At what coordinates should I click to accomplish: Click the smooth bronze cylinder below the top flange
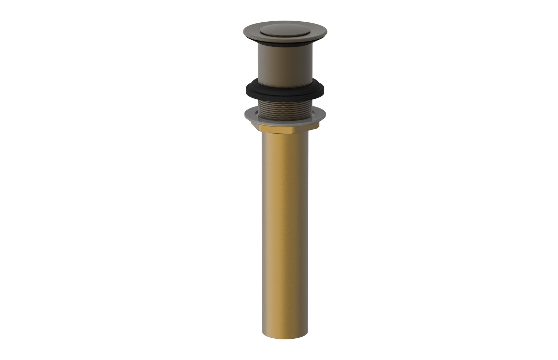(285, 65)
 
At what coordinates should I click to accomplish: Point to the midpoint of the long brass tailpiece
(285, 234)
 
